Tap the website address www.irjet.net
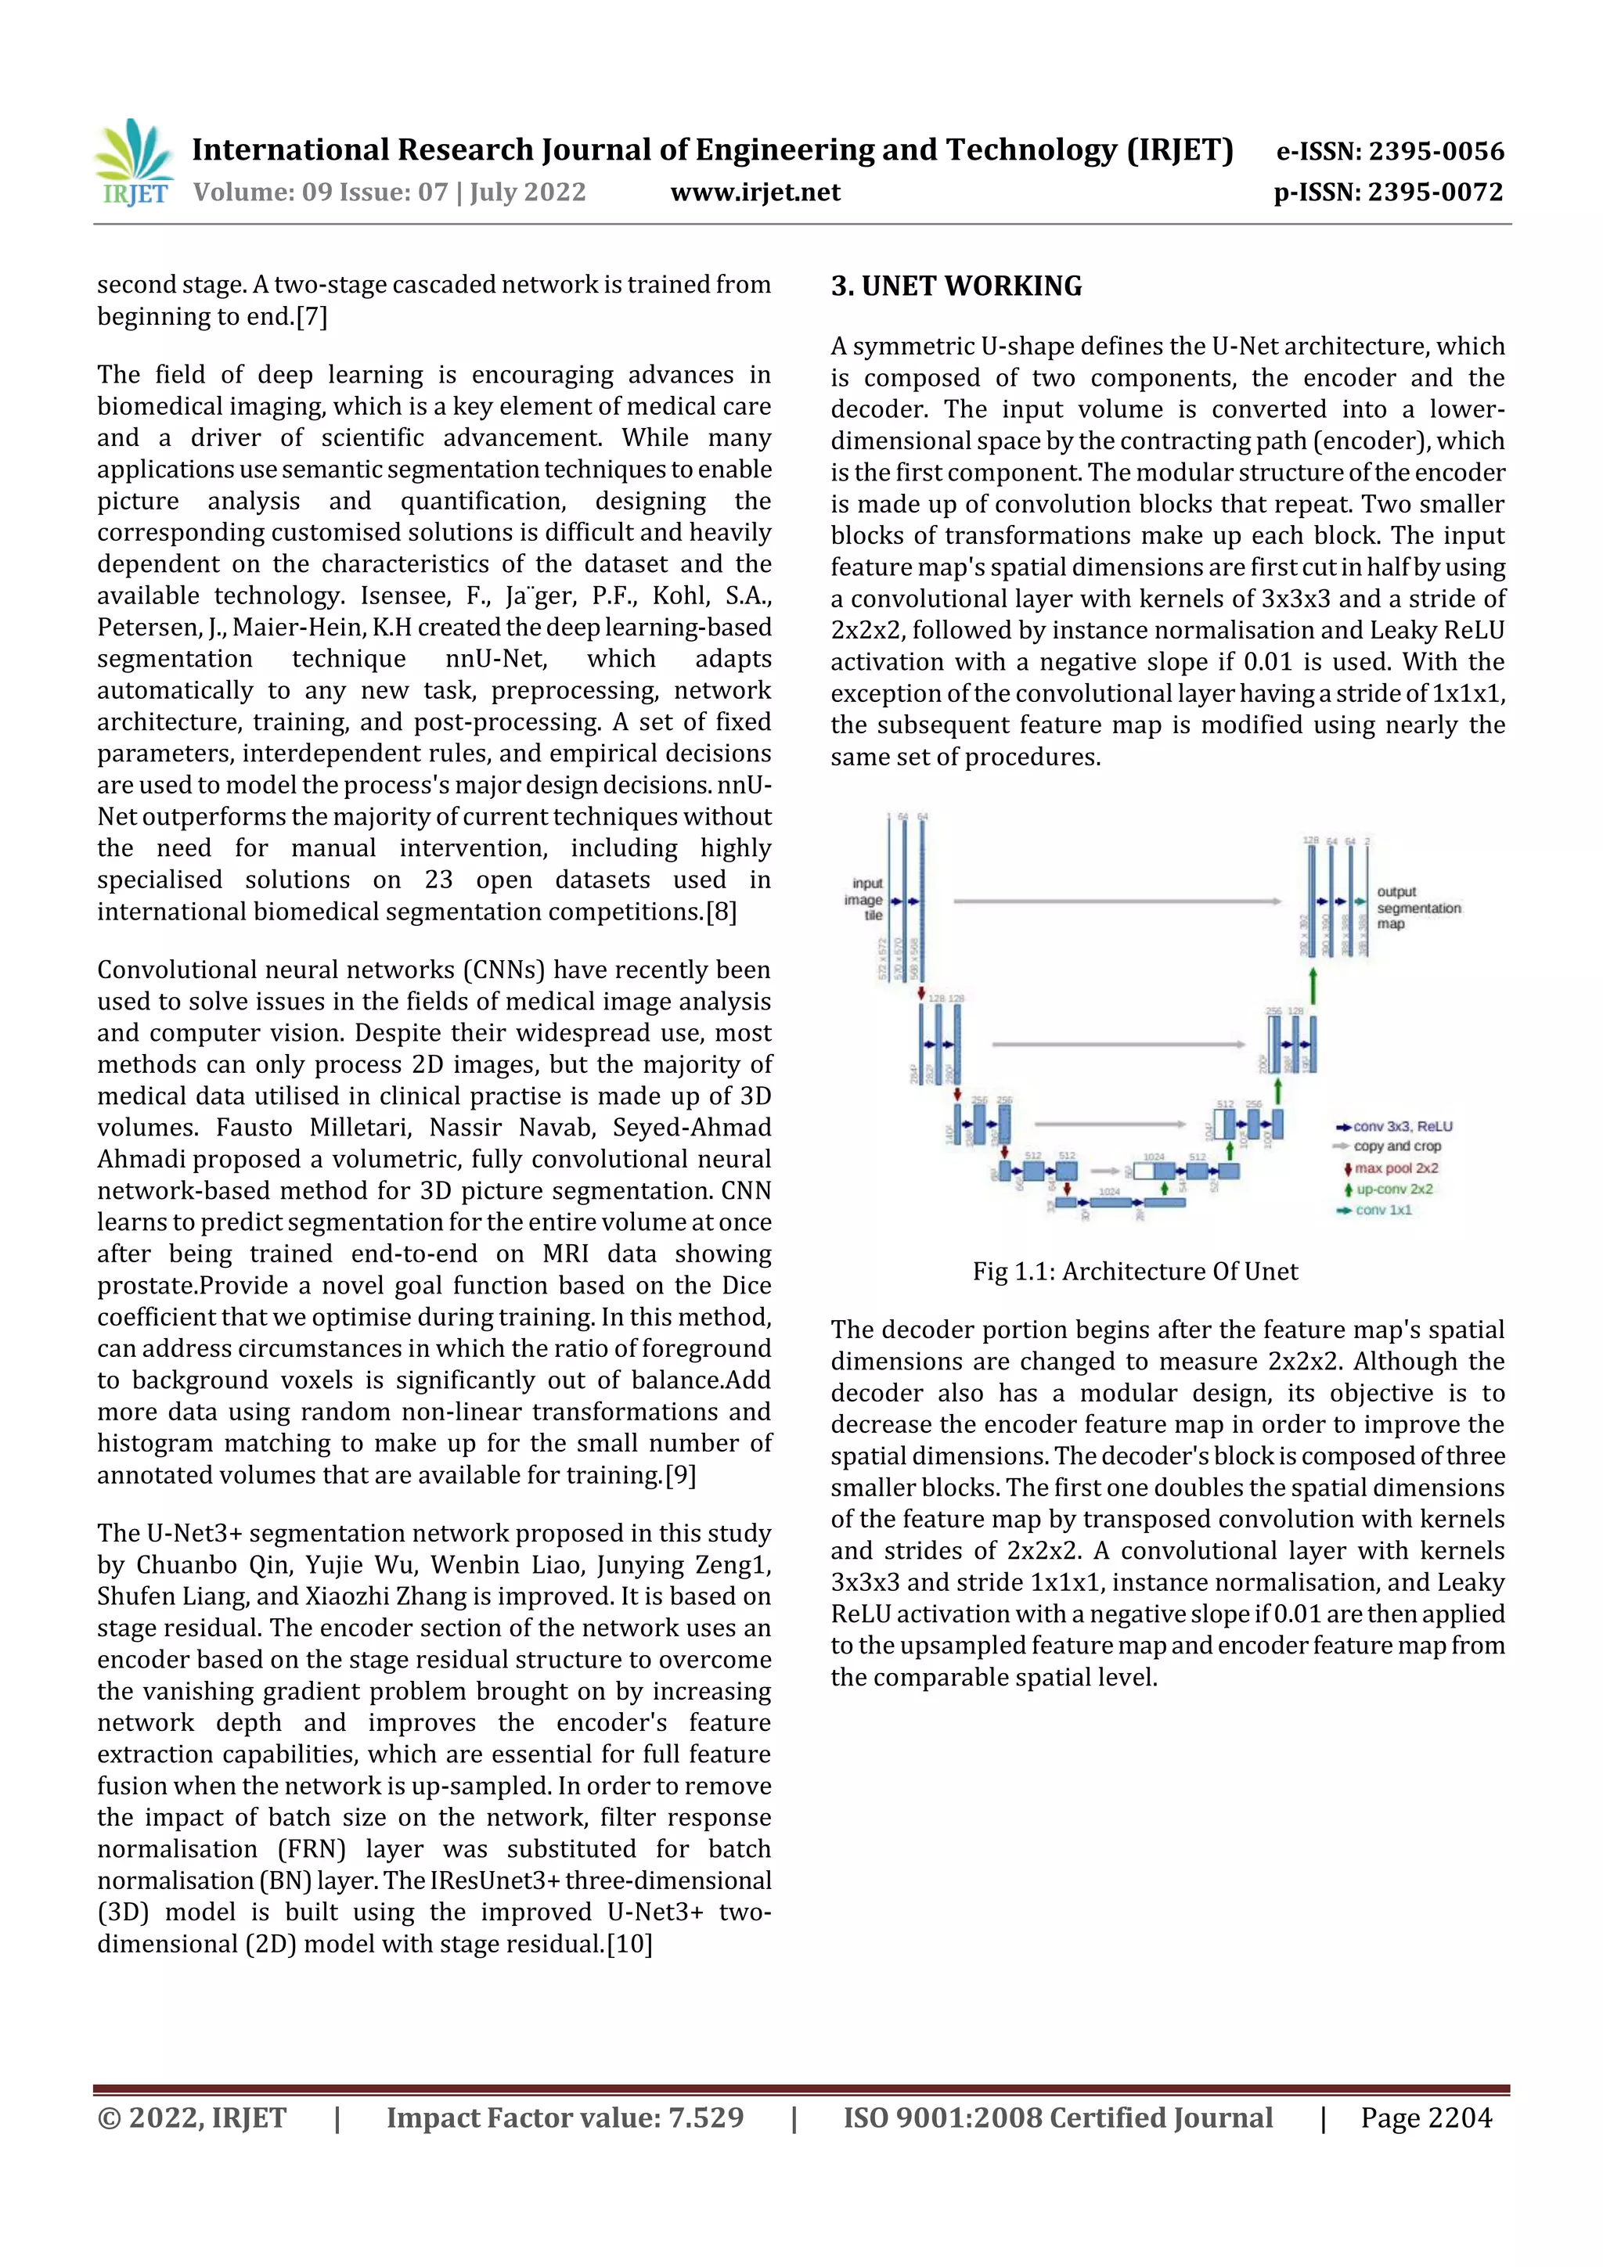(755, 192)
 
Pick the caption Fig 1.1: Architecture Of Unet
(1134, 1271)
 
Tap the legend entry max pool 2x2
(1396, 1168)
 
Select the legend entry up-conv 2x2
(1393, 1189)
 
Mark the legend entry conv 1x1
(1383, 1210)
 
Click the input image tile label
(865, 899)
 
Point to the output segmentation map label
(1417, 908)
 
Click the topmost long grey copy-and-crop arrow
(1116, 901)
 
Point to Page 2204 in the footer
(1425, 2117)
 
